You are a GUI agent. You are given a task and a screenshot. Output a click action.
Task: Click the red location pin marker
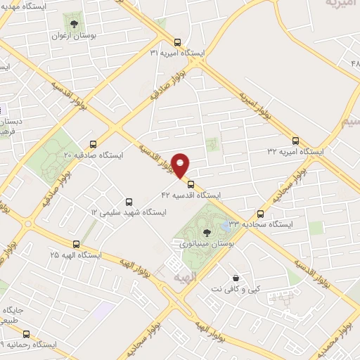point(181,165)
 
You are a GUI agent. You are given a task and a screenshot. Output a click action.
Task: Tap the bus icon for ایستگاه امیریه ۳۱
point(176,41)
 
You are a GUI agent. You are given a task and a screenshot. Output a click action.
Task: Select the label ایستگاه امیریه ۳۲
point(295,151)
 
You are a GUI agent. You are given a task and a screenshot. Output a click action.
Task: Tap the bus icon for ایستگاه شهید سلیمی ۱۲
point(127,200)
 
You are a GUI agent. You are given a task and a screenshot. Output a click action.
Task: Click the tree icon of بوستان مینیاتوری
point(206,232)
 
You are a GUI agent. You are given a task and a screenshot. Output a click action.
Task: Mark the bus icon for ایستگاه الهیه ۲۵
point(75,243)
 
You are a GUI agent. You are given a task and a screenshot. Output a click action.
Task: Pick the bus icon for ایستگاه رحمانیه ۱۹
point(27,334)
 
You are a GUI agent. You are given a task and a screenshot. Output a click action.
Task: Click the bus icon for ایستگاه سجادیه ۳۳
point(261,214)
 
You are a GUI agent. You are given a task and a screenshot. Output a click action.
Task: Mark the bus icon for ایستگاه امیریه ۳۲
point(295,140)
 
